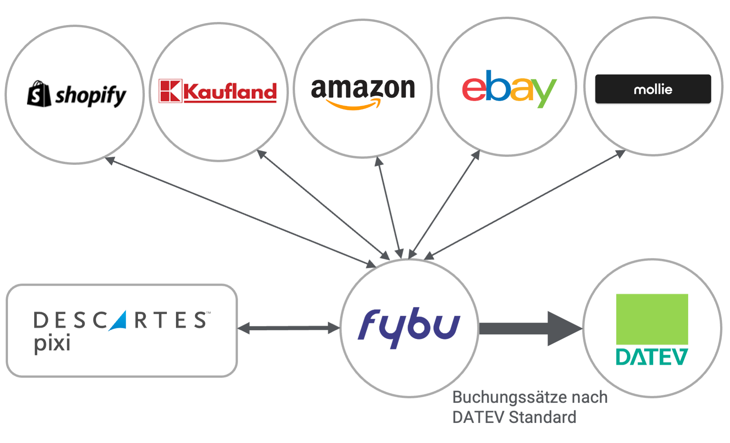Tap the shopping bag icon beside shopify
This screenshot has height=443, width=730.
(x=39, y=94)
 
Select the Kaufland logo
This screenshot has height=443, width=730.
(x=218, y=91)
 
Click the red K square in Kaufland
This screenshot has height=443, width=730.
(x=170, y=91)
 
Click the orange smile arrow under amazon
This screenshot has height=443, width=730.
(x=354, y=105)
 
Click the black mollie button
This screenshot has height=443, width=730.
(x=653, y=89)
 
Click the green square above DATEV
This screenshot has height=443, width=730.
(x=652, y=319)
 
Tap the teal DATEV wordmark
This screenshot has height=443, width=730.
(x=652, y=357)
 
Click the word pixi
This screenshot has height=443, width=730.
(x=52, y=343)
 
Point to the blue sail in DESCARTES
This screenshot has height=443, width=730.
(x=119, y=321)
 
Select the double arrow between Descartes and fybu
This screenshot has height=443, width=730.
(x=289, y=328)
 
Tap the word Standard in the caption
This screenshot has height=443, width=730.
(x=543, y=418)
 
